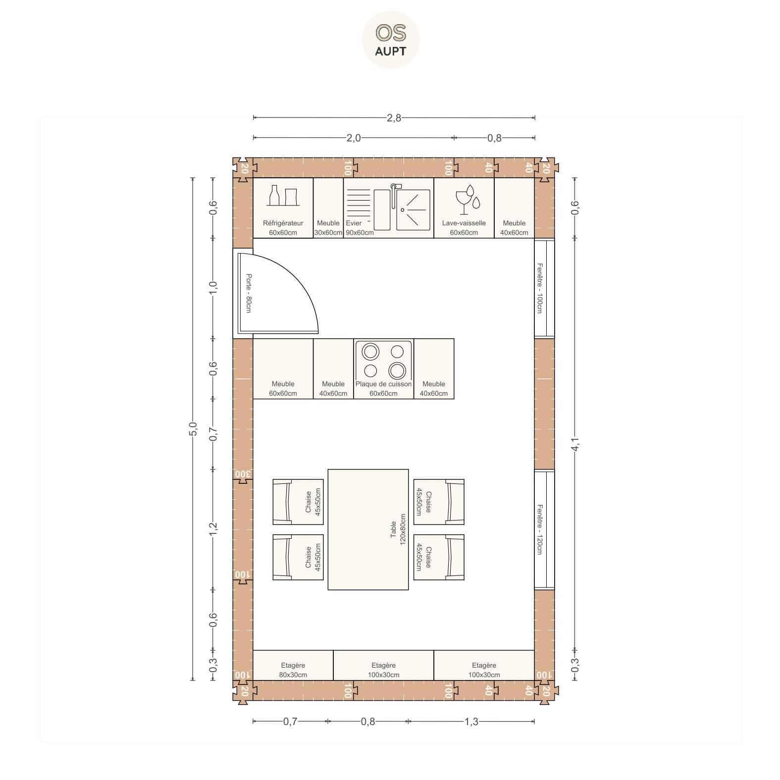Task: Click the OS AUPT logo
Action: (x=391, y=40)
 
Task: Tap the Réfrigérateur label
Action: (x=283, y=223)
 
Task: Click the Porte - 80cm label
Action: (x=249, y=293)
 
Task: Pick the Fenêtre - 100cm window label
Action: (x=539, y=288)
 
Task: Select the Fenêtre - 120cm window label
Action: (x=539, y=529)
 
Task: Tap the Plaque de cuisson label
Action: (x=383, y=384)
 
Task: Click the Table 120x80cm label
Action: (x=398, y=529)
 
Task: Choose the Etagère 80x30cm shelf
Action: (x=293, y=666)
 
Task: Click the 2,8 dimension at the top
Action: (x=394, y=118)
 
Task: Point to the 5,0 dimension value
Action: (x=193, y=429)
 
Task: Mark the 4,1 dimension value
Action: (x=575, y=445)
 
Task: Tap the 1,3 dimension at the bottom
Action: (x=471, y=722)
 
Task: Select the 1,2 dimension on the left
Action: (x=213, y=529)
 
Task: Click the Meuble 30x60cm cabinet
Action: (x=328, y=208)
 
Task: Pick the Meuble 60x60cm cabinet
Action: (x=283, y=368)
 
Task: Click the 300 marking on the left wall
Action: (x=242, y=474)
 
